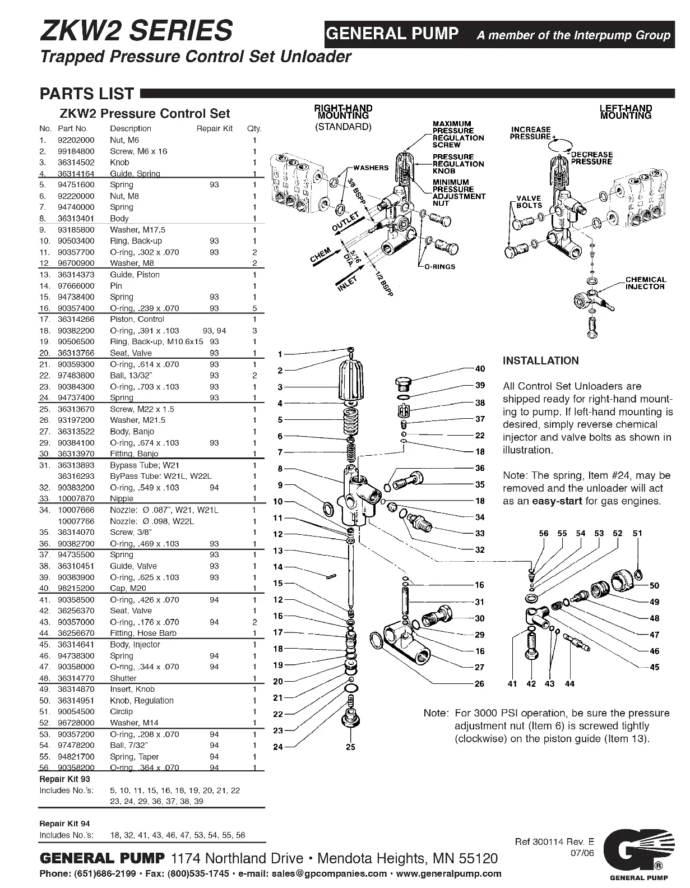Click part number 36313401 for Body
(76, 218)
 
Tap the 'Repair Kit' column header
(215, 128)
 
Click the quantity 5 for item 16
(255, 308)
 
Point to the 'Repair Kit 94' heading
(64, 824)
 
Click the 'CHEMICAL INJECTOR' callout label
(646, 283)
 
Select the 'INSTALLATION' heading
(540, 360)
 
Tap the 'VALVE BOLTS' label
(529, 202)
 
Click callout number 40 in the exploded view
(480, 369)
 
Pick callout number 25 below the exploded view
(350, 747)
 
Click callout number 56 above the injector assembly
(543, 533)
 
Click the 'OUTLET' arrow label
(346, 221)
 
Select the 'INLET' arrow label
(348, 283)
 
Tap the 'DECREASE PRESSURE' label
(591, 158)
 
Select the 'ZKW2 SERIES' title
(136, 31)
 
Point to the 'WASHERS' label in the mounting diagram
(371, 168)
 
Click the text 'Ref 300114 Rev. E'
(554, 841)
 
